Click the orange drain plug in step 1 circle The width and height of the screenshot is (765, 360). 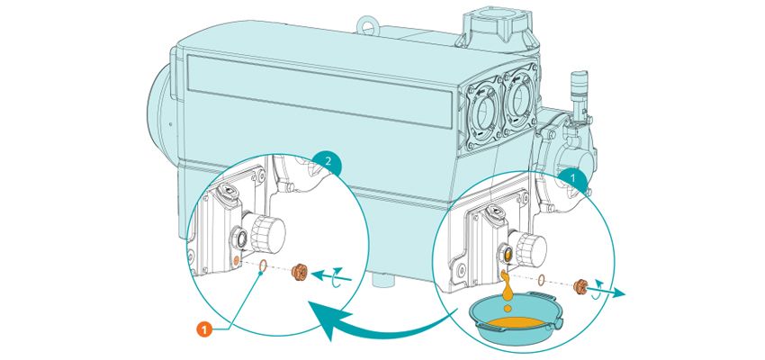point(581,285)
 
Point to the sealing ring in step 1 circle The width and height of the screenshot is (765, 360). point(540,280)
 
